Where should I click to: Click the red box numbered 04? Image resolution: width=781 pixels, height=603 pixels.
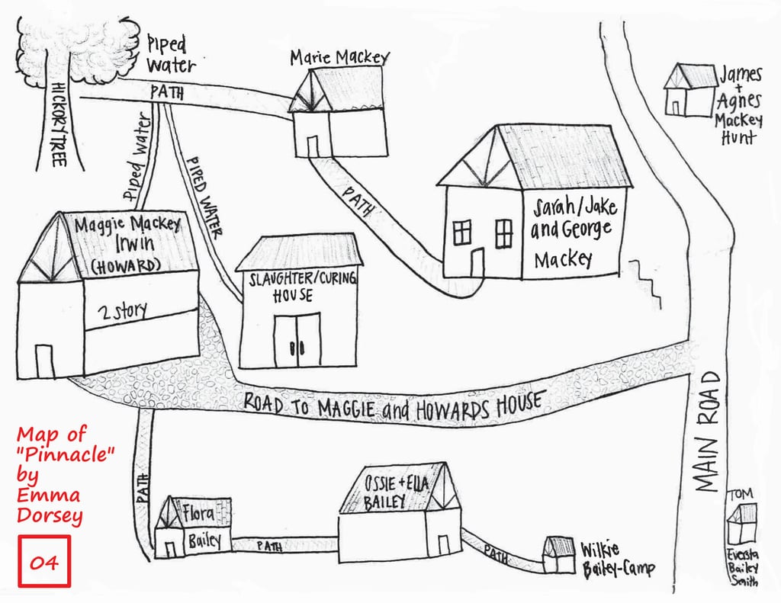tap(43, 561)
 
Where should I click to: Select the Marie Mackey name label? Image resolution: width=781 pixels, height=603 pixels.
tap(339, 57)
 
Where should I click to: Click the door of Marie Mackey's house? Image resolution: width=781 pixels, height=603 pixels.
tap(313, 146)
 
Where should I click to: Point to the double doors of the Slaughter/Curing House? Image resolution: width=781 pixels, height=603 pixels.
tap(298, 339)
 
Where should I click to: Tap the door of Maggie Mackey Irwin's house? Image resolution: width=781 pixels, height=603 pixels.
tap(43, 361)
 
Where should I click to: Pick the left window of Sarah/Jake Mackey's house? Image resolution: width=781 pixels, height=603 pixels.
tap(462, 232)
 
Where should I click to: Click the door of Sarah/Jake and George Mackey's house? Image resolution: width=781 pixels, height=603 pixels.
tap(477, 262)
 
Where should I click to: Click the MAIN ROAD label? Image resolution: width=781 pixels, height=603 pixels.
tap(709, 431)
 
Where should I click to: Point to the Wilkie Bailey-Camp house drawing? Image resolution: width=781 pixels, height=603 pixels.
tap(559, 555)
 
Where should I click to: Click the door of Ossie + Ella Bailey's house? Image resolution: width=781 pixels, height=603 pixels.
tap(443, 545)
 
